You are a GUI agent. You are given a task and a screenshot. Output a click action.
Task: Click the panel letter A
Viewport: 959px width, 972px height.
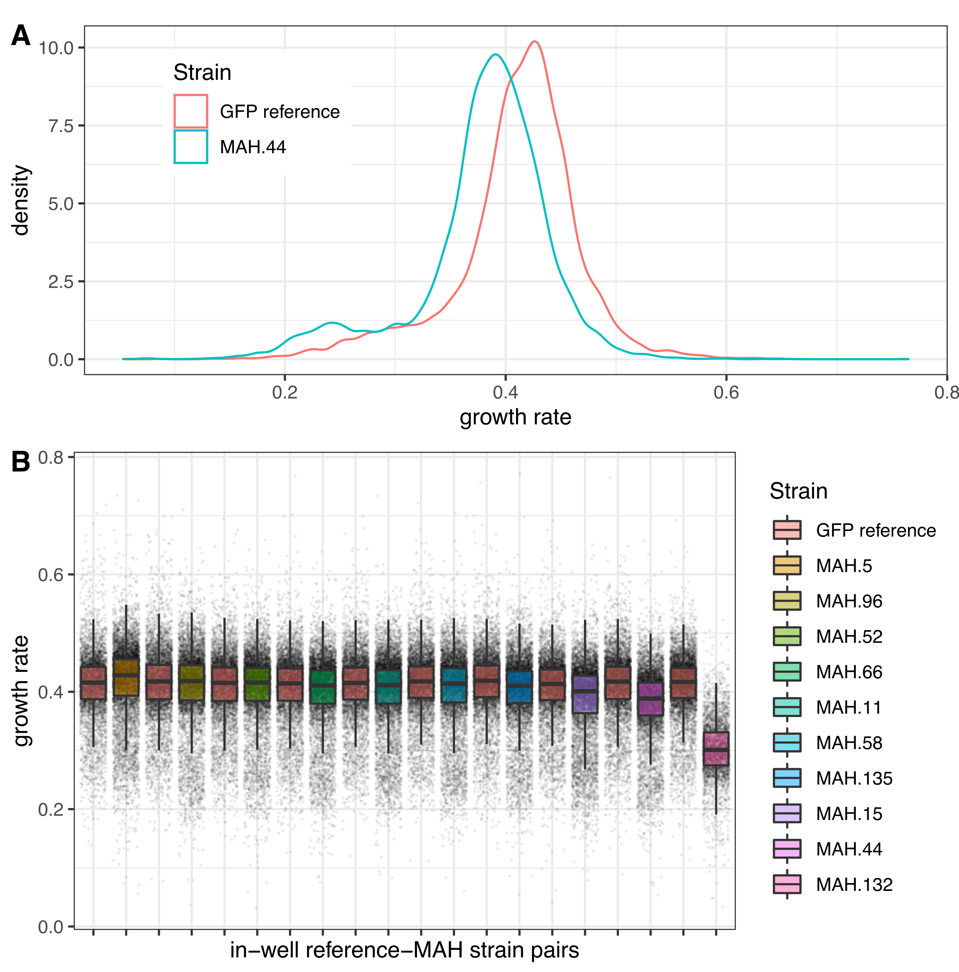point(21,36)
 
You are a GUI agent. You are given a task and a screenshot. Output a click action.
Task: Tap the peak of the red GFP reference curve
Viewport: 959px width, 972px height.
point(535,42)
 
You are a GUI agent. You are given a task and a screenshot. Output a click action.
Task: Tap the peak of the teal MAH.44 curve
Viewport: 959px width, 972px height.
point(496,54)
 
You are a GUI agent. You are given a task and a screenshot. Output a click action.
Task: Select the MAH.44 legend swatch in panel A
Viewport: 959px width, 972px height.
point(191,147)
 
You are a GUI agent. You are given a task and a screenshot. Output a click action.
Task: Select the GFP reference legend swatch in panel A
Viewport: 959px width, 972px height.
point(191,111)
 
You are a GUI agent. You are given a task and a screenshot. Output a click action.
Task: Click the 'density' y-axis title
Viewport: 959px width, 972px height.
point(21,200)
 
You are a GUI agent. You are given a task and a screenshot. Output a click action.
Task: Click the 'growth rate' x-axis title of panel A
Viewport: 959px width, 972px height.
point(515,417)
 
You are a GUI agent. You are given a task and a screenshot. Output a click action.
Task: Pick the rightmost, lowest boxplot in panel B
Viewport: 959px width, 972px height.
point(716,748)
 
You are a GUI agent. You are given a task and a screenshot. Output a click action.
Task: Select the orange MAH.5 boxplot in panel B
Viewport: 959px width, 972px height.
point(126,677)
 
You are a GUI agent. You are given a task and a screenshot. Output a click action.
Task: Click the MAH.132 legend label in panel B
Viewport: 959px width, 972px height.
point(854,884)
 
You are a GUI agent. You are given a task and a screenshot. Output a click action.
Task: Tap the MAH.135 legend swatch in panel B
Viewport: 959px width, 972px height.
point(787,778)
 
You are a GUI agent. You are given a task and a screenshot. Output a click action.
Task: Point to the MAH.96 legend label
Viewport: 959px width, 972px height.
point(849,601)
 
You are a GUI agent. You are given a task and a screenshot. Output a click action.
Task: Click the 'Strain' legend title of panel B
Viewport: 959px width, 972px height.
point(798,491)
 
